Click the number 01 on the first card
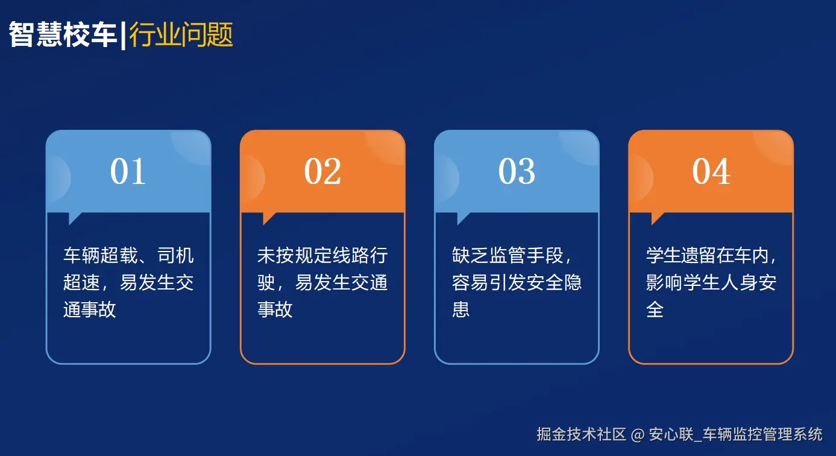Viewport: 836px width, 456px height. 128,171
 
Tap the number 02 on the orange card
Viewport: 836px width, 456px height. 322,171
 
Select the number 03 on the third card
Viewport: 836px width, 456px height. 517,171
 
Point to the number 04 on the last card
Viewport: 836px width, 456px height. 711,171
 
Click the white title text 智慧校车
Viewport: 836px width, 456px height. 63,35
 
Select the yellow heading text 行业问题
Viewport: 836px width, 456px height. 181,35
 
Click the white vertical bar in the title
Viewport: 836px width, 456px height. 123,35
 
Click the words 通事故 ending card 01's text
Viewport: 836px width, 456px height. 90,309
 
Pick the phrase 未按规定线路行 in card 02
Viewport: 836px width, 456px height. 322,256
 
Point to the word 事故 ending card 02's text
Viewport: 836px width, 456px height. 275,309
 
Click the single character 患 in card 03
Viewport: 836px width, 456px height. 460,309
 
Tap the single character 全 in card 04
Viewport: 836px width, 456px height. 655,309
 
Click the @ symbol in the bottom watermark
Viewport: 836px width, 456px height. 637,434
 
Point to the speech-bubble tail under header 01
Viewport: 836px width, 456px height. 75,218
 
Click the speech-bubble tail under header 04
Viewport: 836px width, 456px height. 657,218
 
